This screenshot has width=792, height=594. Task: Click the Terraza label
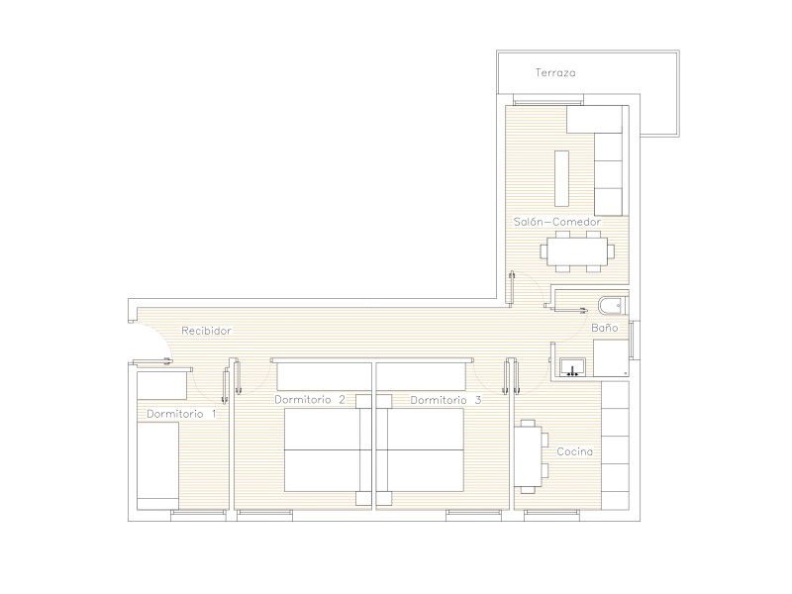tap(555, 72)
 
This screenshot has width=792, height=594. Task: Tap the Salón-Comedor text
tap(557, 222)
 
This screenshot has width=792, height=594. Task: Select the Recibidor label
tap(206, 331)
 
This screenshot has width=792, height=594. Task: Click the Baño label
tap(605, 328)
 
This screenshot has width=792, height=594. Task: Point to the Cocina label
tap(575, 451)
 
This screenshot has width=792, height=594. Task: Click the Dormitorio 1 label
tap(181, 414)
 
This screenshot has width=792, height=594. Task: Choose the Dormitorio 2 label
tap(310, 400)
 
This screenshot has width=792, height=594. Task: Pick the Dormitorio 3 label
tap(445, 401)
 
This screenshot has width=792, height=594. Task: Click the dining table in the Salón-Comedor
tap(577, 251)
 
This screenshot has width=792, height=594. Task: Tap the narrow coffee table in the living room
tap(561, 178)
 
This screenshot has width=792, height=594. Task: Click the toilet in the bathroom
tap(613, 306)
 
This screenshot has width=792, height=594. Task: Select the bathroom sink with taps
tap(573, 367)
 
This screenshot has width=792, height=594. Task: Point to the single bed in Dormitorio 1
tap(157, 465)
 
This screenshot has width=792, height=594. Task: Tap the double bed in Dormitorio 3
tap(420, 449)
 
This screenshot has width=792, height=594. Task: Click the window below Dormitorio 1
tap(198, 515)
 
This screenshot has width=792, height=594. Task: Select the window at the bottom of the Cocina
tap(551, 515)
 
